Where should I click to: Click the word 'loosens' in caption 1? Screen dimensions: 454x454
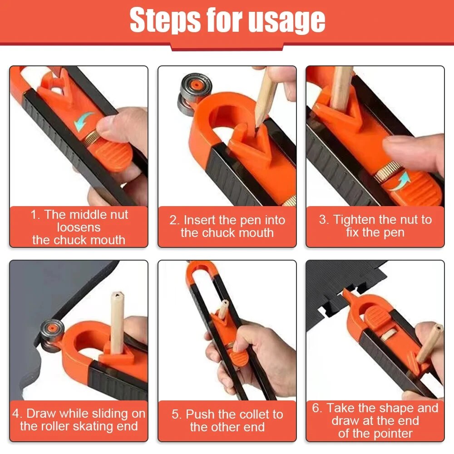click(x=79, y=227)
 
